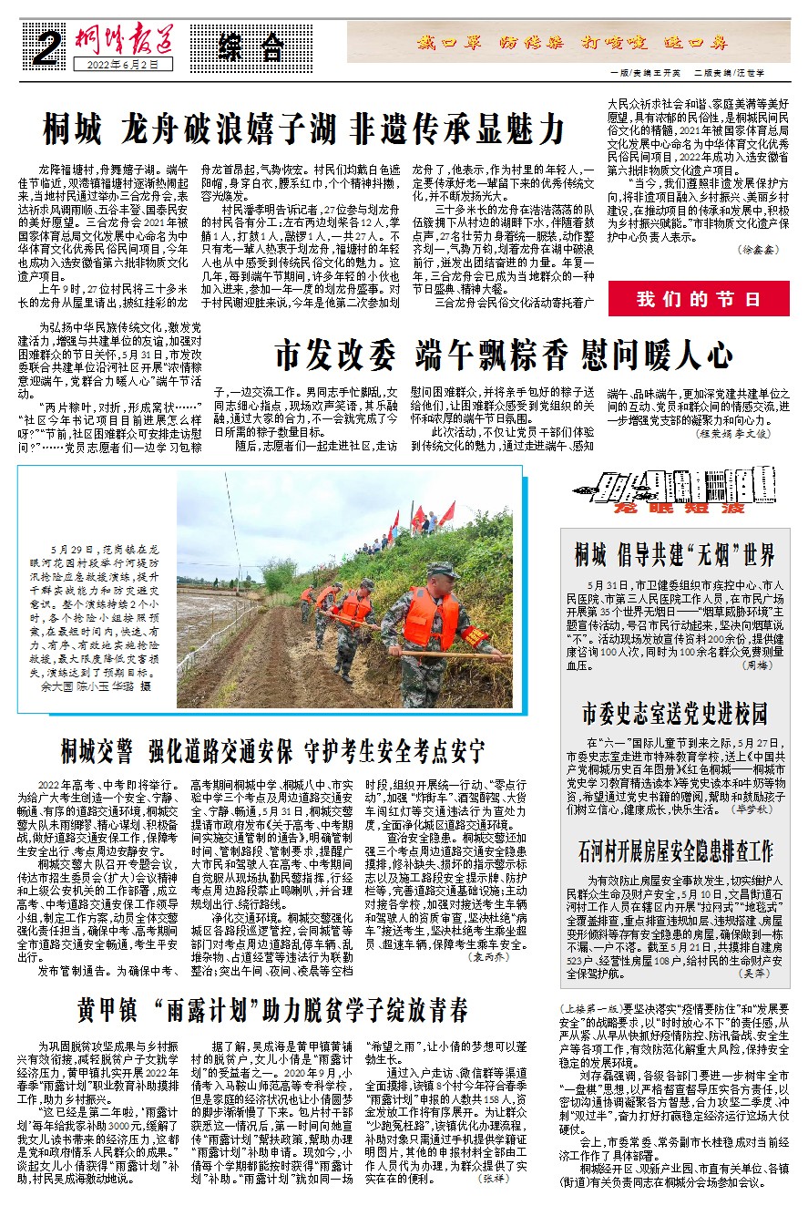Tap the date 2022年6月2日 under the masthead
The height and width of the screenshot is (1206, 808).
coord(117,66)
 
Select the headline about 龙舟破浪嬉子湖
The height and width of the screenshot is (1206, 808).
coord(304,129)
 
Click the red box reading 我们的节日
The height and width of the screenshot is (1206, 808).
coord(699,299)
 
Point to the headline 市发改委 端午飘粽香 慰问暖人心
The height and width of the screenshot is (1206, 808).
coord(504,353)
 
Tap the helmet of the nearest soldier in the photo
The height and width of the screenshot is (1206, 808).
coord(443,571)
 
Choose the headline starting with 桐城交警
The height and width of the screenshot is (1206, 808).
coord(272,752)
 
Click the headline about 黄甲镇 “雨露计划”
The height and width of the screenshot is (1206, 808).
coord(272,1009)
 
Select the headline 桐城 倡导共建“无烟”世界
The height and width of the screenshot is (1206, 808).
coord(675,553)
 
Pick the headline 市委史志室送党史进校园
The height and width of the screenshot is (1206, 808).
coord(675,712)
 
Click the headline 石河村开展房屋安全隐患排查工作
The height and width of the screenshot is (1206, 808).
coord(675,851)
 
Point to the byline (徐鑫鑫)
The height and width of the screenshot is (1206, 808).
coord(760,273)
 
